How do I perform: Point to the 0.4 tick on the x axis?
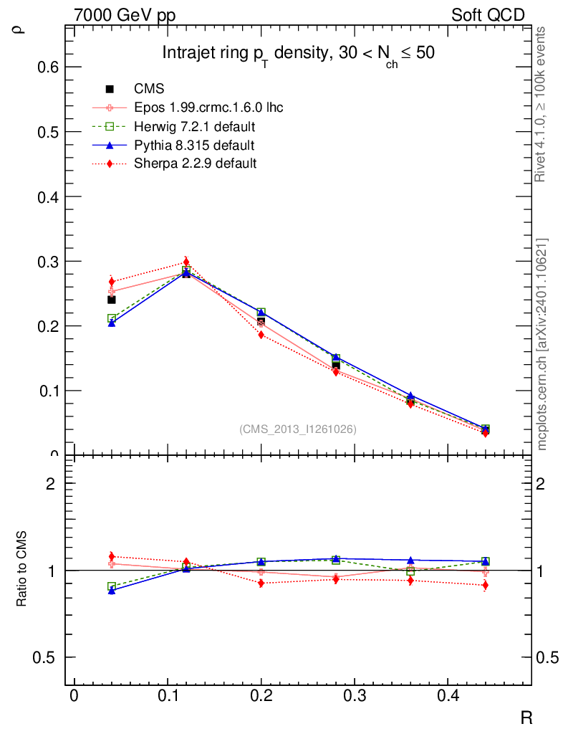click(448, 696)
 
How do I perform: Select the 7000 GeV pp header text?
click(125, 15)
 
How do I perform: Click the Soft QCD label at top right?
click(488, 15)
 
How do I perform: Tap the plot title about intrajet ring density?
click(298, 54)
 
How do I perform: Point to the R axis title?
click(526, 717)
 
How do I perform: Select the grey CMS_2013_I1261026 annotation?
click(298, 429)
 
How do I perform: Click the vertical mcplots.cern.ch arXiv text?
click(542, 344)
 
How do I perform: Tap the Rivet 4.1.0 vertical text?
click(542, 104)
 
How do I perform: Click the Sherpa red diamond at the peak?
click(186, 262)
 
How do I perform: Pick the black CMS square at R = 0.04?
click(112, 300)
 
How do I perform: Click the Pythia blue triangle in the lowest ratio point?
click(112, 591)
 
